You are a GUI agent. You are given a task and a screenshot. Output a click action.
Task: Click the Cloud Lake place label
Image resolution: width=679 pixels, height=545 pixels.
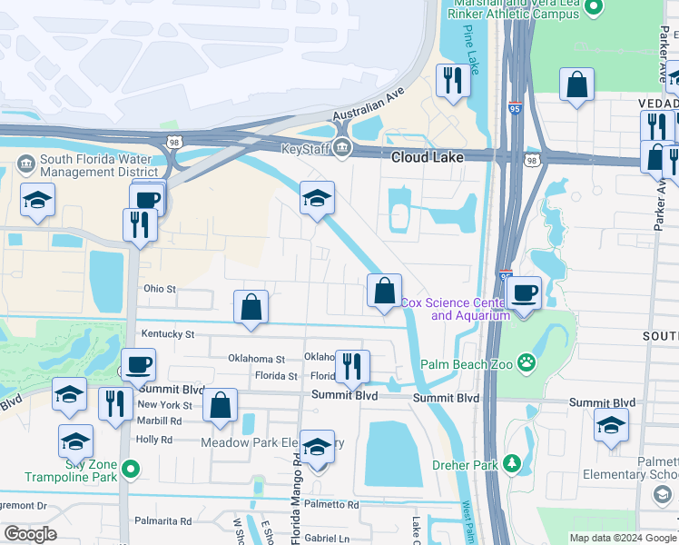pyautogui.click(x=428, y=157)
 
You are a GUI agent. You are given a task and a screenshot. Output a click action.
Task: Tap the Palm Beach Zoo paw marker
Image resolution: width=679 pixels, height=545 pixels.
pyautogui.click(x=526, y=364)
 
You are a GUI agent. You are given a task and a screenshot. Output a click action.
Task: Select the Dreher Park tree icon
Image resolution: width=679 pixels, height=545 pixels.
pyautogui.click(x=513, y=465)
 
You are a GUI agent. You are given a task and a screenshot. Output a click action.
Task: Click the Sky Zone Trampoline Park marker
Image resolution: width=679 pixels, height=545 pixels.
pyautogui.click(x=132, y=470)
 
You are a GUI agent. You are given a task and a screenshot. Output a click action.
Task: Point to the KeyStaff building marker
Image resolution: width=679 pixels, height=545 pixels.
pyautogui.click(x=341, y=149)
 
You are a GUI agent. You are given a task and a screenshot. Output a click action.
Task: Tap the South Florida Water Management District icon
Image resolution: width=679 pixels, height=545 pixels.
pyautogui.click(x=25, y=164)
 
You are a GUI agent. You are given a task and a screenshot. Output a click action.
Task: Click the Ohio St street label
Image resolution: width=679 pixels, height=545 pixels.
pyautogui.click(x=159, y=289)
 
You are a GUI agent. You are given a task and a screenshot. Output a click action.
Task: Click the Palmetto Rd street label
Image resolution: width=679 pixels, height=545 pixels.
pyautogui.click(x=331, y=504)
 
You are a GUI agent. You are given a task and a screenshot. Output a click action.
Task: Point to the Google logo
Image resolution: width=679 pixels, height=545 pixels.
pyautogui.click(x=30, y=534)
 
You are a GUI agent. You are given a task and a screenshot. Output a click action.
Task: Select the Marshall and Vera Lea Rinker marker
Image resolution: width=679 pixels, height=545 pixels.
pyautogui.click(x=595, y=8)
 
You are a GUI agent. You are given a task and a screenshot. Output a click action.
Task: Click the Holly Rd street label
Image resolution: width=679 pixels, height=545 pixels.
pyautogui.click(x=153, y=440)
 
